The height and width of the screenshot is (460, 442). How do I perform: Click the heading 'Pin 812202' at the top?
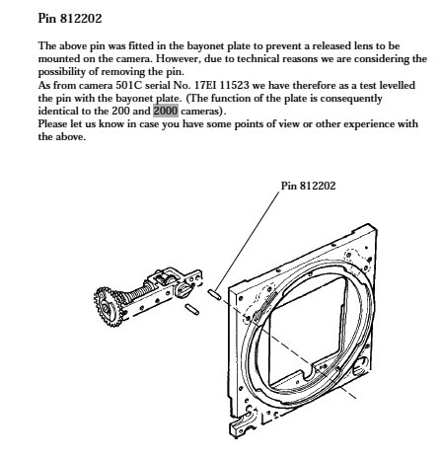pos(70,18)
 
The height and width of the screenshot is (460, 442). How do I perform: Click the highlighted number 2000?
pos(166,111)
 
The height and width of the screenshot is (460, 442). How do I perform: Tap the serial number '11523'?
pos(234,85)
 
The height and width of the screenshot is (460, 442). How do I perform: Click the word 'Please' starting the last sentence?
pos(52,123)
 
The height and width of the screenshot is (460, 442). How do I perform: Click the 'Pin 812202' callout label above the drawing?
pos(308,186)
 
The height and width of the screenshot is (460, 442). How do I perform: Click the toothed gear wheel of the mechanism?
pos(108,307)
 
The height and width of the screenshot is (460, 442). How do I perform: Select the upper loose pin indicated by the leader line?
pos(214,294)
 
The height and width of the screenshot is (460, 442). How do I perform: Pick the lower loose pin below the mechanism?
pos(191,309)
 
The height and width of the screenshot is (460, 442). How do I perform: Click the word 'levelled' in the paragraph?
pos(397,85)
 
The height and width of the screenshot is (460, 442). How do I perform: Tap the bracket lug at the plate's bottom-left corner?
pos(243,425)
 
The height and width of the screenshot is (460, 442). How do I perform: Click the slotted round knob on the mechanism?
pos(183,290)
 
